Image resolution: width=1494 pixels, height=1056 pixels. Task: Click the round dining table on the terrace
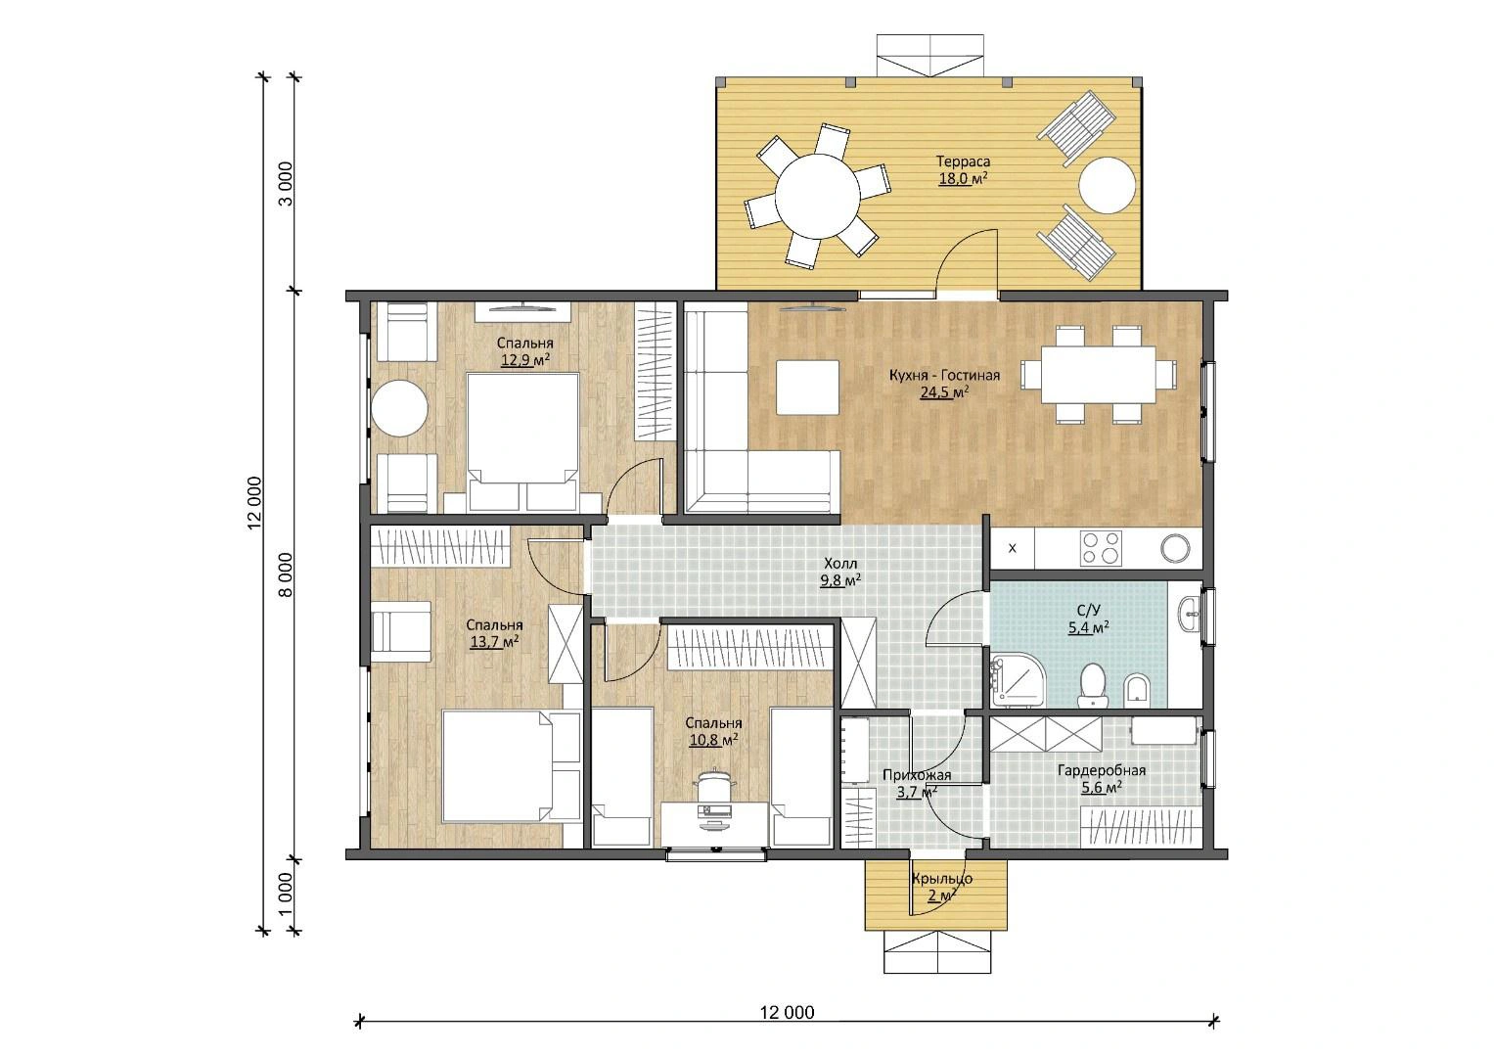pos(818,196)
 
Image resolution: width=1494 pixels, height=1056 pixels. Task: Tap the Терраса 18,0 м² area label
pos(963,170)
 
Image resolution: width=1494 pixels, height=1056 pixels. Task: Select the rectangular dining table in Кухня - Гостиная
pos(1099,374)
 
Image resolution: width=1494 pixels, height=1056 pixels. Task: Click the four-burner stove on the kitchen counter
pos(1101,548)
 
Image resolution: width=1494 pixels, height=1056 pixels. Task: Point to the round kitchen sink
pos(1175,548)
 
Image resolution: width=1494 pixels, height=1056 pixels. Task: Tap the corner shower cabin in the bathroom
pos(1019,680)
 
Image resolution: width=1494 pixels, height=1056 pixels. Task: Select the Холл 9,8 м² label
pos(840,572)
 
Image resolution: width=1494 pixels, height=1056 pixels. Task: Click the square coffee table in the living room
pos(807,388)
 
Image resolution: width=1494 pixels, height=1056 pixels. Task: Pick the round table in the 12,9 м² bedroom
pos(399,408)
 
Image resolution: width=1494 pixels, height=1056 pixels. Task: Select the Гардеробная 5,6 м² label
pos(1101,778)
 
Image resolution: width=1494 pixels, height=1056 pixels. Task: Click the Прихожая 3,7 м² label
pos(917,783)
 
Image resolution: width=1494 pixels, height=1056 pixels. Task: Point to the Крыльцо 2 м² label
pos(942,887)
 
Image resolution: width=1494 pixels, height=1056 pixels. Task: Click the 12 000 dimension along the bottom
pos(787,1013)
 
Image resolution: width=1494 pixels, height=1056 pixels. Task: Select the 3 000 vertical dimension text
pos(285,183)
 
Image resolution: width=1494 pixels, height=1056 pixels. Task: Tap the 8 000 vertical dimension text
pos(285,574)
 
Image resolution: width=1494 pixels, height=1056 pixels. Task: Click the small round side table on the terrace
pos(1108,185)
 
